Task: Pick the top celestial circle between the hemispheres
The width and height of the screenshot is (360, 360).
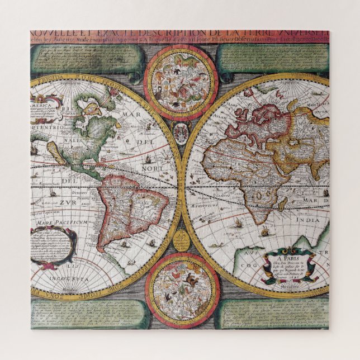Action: (181, 76)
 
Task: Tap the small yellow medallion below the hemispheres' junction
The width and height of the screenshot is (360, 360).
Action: (181, 242)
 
